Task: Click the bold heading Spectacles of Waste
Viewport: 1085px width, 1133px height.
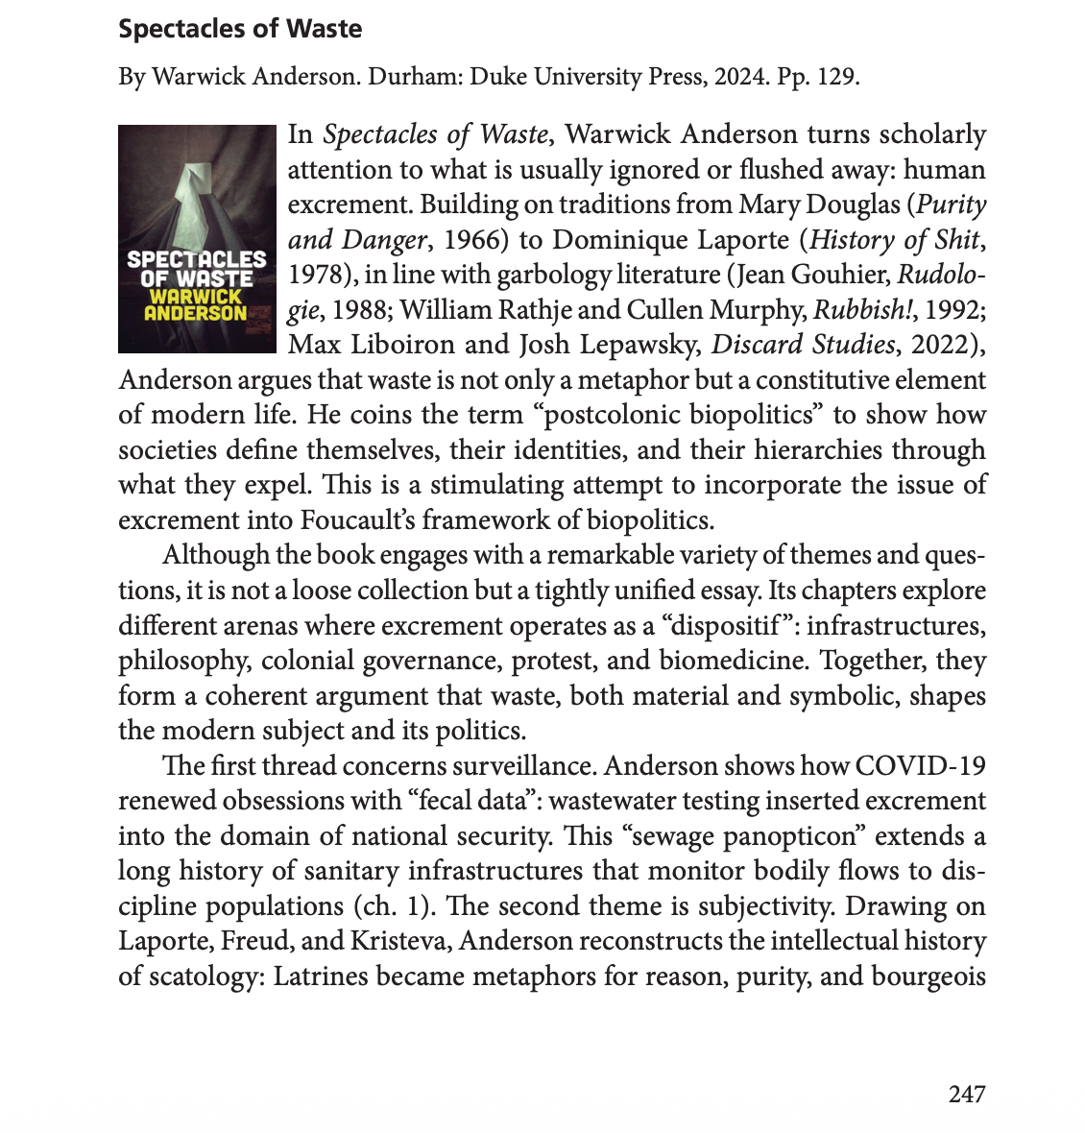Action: [240, 29]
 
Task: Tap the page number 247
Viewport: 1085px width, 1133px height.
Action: [967, 1094]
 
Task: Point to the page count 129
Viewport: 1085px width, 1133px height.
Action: [834, 77]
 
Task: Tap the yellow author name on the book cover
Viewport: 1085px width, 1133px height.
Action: [196, 304]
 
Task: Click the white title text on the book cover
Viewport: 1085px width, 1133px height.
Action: [196, 269]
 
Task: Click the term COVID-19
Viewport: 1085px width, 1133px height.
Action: [919, 765]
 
